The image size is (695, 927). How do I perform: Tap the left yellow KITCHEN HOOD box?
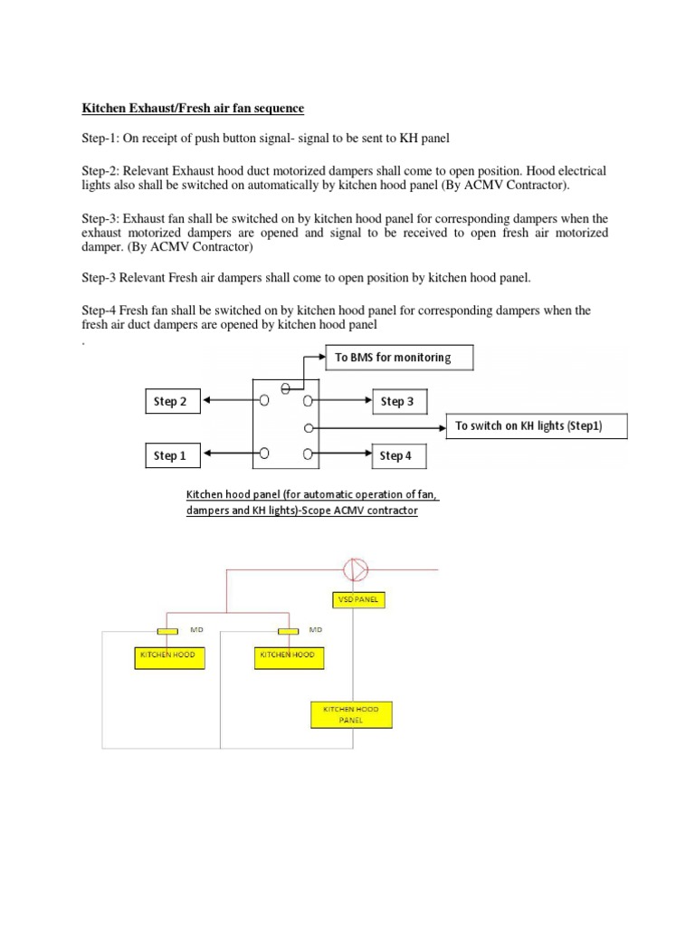pos(170,655)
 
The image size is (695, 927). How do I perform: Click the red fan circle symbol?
pos(354,569)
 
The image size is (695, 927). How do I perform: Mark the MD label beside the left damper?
pos(196,628)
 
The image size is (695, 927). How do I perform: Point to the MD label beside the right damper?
pos(316,628)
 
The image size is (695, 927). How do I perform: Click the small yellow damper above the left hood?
pos(168,631)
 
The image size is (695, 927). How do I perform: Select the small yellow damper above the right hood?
pos(289,631)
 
